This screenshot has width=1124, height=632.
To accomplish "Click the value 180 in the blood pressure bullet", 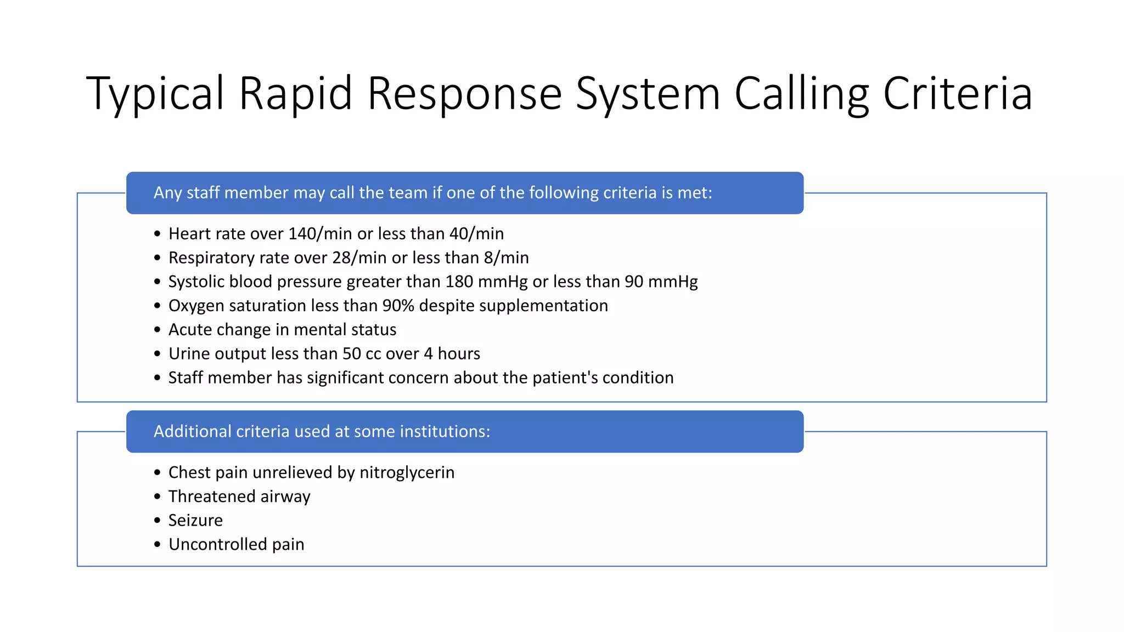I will (x=459, y=281).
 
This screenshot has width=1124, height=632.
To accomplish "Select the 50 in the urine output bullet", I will (x=352, y=354).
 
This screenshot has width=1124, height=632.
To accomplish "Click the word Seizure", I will (x=195, y=521).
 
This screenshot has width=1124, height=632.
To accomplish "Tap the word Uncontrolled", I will (x=217, y=544).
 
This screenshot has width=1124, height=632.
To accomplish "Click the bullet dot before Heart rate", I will (x=158, y=234).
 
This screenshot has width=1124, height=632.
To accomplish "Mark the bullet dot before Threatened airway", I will (x=158, y=497).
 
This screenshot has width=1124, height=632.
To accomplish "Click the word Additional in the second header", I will (x=192, y=431).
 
